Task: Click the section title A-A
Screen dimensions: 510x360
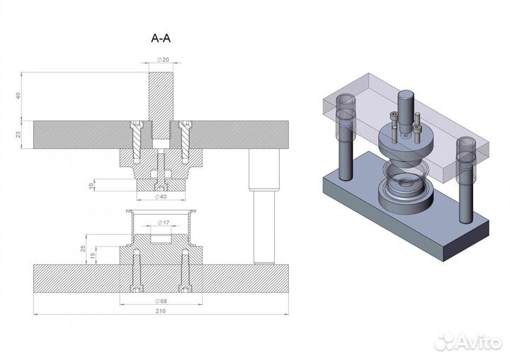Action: (161, 38)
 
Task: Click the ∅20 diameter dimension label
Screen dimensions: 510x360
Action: (164, 60)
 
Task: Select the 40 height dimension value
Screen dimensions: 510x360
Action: (18, 96)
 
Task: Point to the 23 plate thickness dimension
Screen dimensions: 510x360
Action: (18, 134)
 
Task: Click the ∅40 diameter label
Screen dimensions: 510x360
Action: (161, 196)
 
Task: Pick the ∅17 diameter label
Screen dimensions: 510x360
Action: (164, 223)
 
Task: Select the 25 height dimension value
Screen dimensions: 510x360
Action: (84, 249)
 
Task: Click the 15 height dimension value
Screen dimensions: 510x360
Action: (93, 256)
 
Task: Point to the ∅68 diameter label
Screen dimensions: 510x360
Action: (161, 301)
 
